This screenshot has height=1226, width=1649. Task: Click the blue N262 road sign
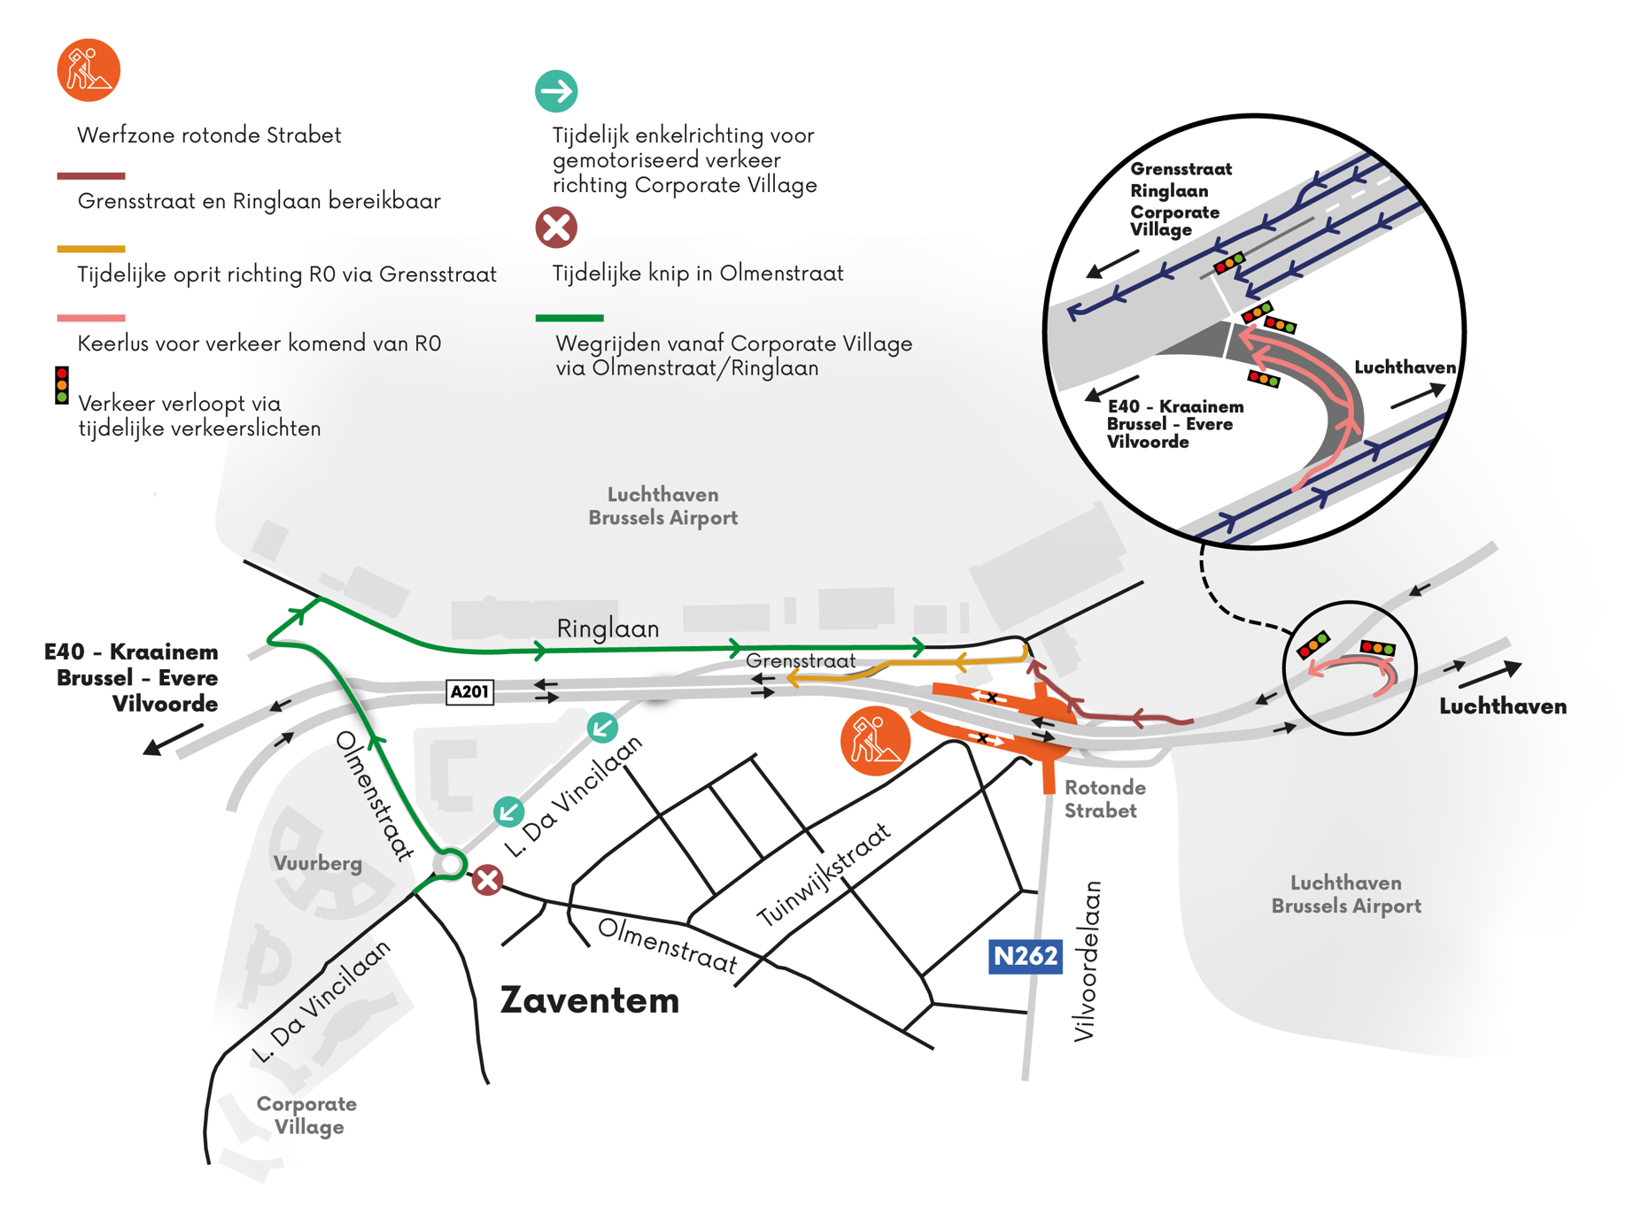[x=1025, y=956]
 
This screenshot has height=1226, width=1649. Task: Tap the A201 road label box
[x=469, y=691]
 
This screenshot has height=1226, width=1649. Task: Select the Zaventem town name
[x=590, y=1000]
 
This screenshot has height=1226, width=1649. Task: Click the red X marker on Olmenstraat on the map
[x=487, y=880]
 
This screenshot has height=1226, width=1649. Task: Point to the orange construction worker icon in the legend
[x=89, y=70]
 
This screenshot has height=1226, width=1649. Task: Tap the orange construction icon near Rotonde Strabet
[x=875, y=741]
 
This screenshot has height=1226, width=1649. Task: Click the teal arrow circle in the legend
[x=556, y=91]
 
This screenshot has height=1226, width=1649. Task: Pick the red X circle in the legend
[x=556, y=227]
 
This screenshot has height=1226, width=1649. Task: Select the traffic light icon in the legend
[x=62, y=386]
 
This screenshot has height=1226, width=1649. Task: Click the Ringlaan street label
[x=608, y=628]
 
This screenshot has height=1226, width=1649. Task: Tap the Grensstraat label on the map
[x=801, y=661]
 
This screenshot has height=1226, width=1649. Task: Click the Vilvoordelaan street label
[x=1087, y=960]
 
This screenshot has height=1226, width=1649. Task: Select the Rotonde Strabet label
[x=1103, y=798]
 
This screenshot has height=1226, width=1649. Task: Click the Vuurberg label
[x=318, y=863]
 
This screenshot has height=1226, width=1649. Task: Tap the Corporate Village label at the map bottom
[x=307, y=1115]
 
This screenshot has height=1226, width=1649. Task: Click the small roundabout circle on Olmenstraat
[x=451, y=863]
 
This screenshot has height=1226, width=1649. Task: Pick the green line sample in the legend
[x=569, y=318]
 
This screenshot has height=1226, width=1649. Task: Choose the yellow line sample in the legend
[x=91, y=249]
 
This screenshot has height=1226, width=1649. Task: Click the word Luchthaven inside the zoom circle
[x=1405, y=367]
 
